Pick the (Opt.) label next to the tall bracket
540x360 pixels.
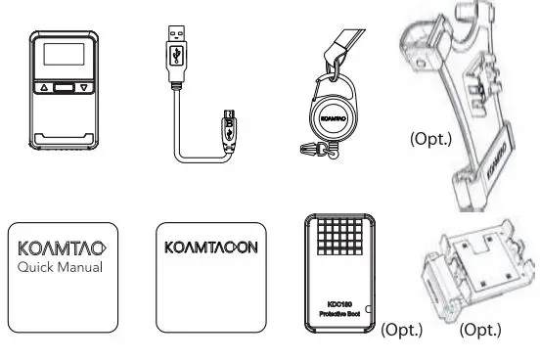coord(429,139)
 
